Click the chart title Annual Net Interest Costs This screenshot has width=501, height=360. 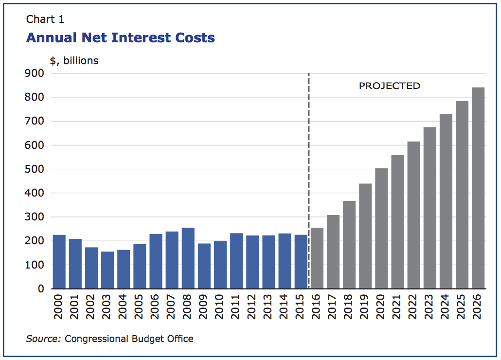120,38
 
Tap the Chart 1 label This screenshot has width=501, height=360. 45,19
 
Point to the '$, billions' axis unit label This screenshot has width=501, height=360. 74,61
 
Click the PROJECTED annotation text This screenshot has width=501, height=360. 389,86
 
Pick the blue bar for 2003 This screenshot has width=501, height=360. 107,270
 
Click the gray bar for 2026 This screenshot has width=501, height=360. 478,188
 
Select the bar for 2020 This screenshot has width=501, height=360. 381,228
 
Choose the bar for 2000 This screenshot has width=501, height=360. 59,262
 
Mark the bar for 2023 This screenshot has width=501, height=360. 430,208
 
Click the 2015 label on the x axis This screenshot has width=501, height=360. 301,306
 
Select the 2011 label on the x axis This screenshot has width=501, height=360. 236,306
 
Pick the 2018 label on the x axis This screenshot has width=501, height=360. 349,306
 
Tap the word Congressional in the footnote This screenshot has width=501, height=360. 96,339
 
